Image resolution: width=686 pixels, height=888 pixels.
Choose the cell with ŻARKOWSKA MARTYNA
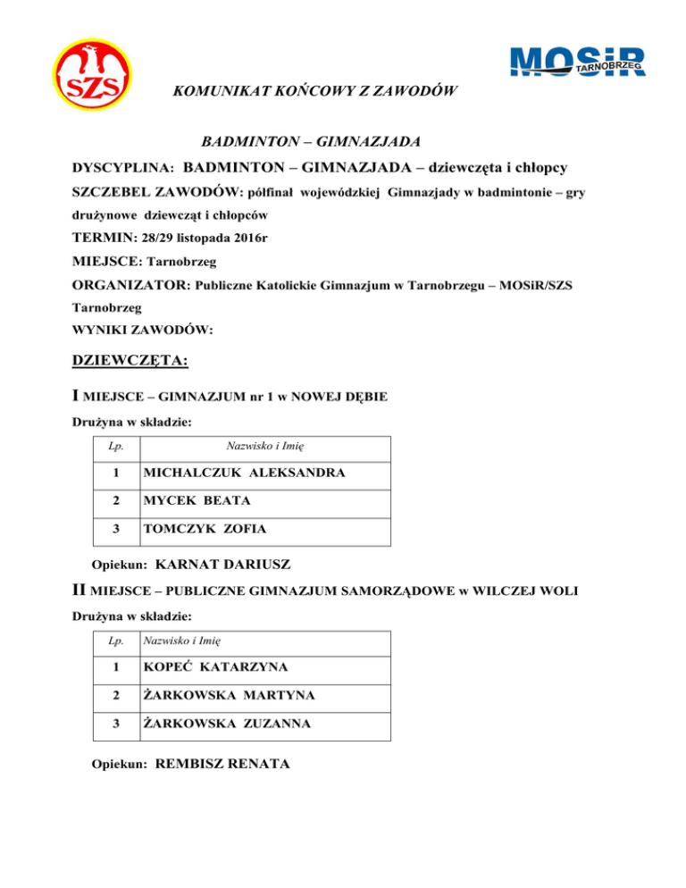point(227,695)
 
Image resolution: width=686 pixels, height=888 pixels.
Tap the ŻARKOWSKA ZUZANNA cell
point(228,724)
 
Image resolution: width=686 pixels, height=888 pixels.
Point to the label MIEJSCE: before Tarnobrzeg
point(105,263)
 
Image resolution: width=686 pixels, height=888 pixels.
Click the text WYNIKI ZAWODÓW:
point(142,330)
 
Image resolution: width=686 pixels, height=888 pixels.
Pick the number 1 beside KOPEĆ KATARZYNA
point(114,667)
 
